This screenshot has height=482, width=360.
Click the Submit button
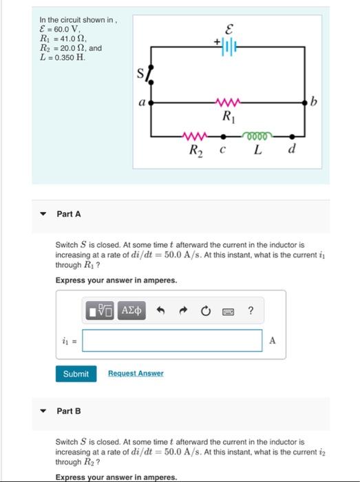pyautogui.click(x=76, y=373)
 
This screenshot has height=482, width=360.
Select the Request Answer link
pyautogui.click(x=136, y=373)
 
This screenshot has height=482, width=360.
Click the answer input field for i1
pyautogui.click(x=176, y=340)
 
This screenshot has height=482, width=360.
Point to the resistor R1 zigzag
pyautogui.click(x=226, y=103)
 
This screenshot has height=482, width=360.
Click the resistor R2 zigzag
pyautogui.click(x=193, y=136)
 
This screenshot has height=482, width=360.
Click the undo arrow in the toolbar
pyautogui.click(x=160, y=311)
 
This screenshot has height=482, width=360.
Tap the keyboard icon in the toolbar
pyautogui.click(x=229, y=311)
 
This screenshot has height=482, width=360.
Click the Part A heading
pyautogui.click(x=69, y=214)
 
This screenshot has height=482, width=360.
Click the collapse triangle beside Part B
pyautogui.click(x=43, y=411)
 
